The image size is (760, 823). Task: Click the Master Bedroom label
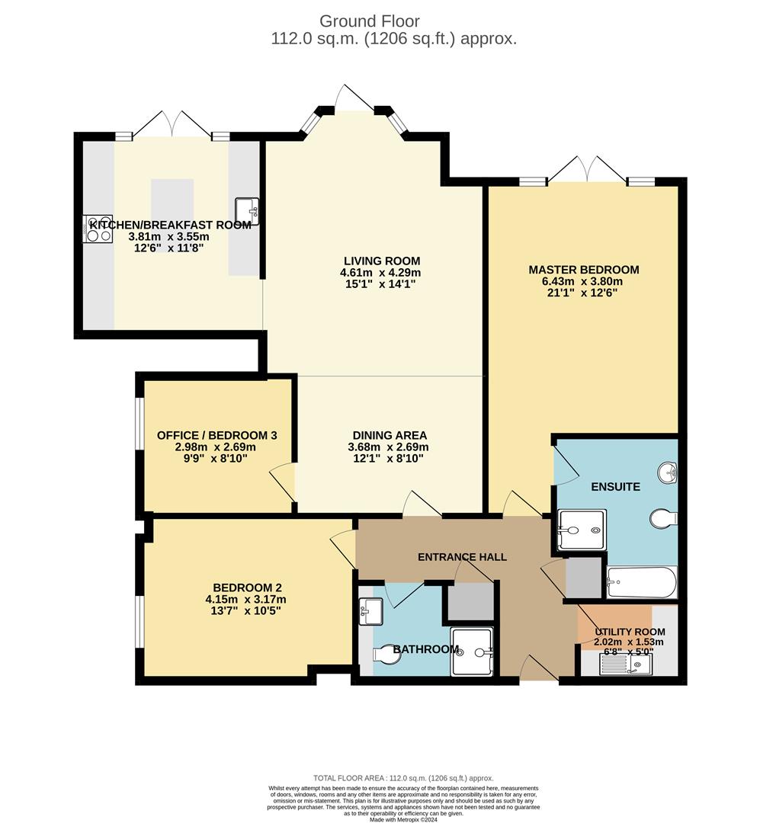pos(583,270)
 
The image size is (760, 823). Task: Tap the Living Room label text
pos(380,261)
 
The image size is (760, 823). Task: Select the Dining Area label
pos(388,435)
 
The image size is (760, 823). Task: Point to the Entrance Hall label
pos(462,557)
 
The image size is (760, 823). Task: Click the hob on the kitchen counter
pos(98,226)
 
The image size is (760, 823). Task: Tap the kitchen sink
pos(248,211)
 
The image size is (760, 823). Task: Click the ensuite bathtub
pos(641,583)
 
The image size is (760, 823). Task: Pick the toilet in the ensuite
pos(663,520)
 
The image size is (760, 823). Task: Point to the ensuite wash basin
pos(669,472)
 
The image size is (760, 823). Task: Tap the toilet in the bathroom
pos(388,654)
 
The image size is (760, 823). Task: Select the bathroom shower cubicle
pos(473,652)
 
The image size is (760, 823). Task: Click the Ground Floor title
pos(369,21)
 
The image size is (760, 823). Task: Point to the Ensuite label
pos(614,486)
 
